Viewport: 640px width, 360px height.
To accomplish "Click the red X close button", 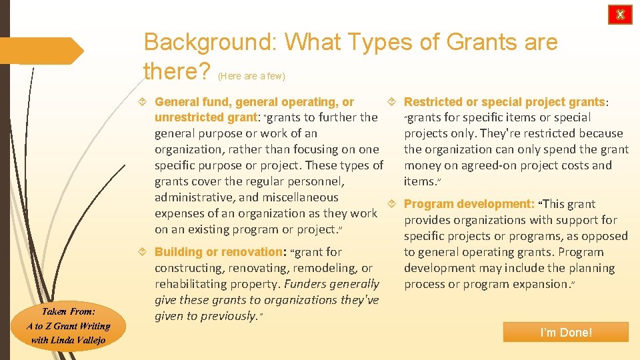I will click(x=620, y=15).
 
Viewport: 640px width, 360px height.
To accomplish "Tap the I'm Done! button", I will click(x=566, y=332).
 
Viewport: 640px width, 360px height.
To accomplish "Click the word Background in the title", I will click(x=211, y=43).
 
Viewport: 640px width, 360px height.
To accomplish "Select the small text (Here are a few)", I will click(x=251, y=77).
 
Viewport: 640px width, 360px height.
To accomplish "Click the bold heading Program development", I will click(x=469, y=204).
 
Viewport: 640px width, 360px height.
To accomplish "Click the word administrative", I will click(x=195, y=197).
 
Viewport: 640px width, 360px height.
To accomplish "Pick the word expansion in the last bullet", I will click(x=539, y=284).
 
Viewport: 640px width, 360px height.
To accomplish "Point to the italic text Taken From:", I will click(x=68, y=311).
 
